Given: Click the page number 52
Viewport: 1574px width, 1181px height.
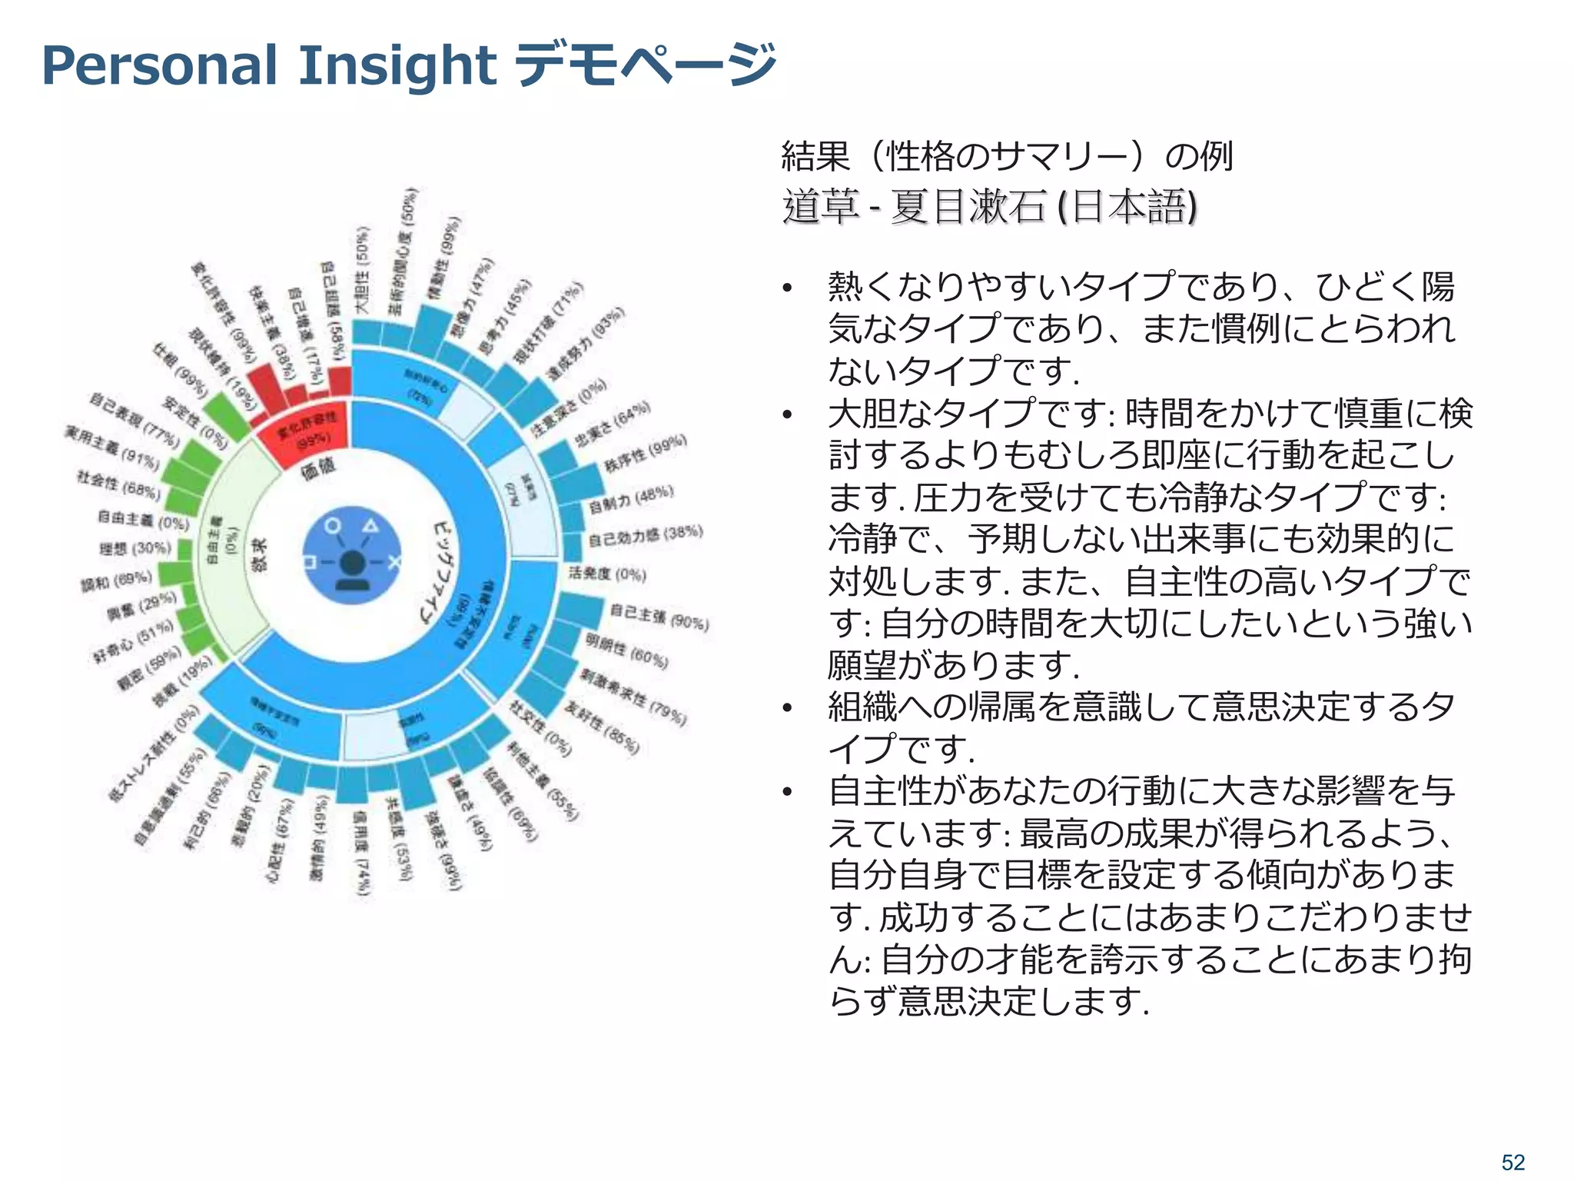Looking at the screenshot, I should (1513, 1162).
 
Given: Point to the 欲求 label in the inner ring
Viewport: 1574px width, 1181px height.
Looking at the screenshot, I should (259, 554).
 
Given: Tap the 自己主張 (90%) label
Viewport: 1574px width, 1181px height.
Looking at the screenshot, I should (659, 616).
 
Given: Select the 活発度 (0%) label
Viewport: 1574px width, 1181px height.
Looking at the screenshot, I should (607, 573).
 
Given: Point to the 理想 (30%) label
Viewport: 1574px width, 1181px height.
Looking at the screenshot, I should (134, 548).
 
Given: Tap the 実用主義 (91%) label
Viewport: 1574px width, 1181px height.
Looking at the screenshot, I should (112, 447).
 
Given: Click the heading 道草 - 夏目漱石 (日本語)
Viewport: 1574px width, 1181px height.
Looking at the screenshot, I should (989, 207).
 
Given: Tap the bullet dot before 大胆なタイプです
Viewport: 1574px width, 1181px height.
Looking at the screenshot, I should (786, 415).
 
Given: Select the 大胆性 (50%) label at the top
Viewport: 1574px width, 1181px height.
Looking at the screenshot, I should (361, 269).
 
